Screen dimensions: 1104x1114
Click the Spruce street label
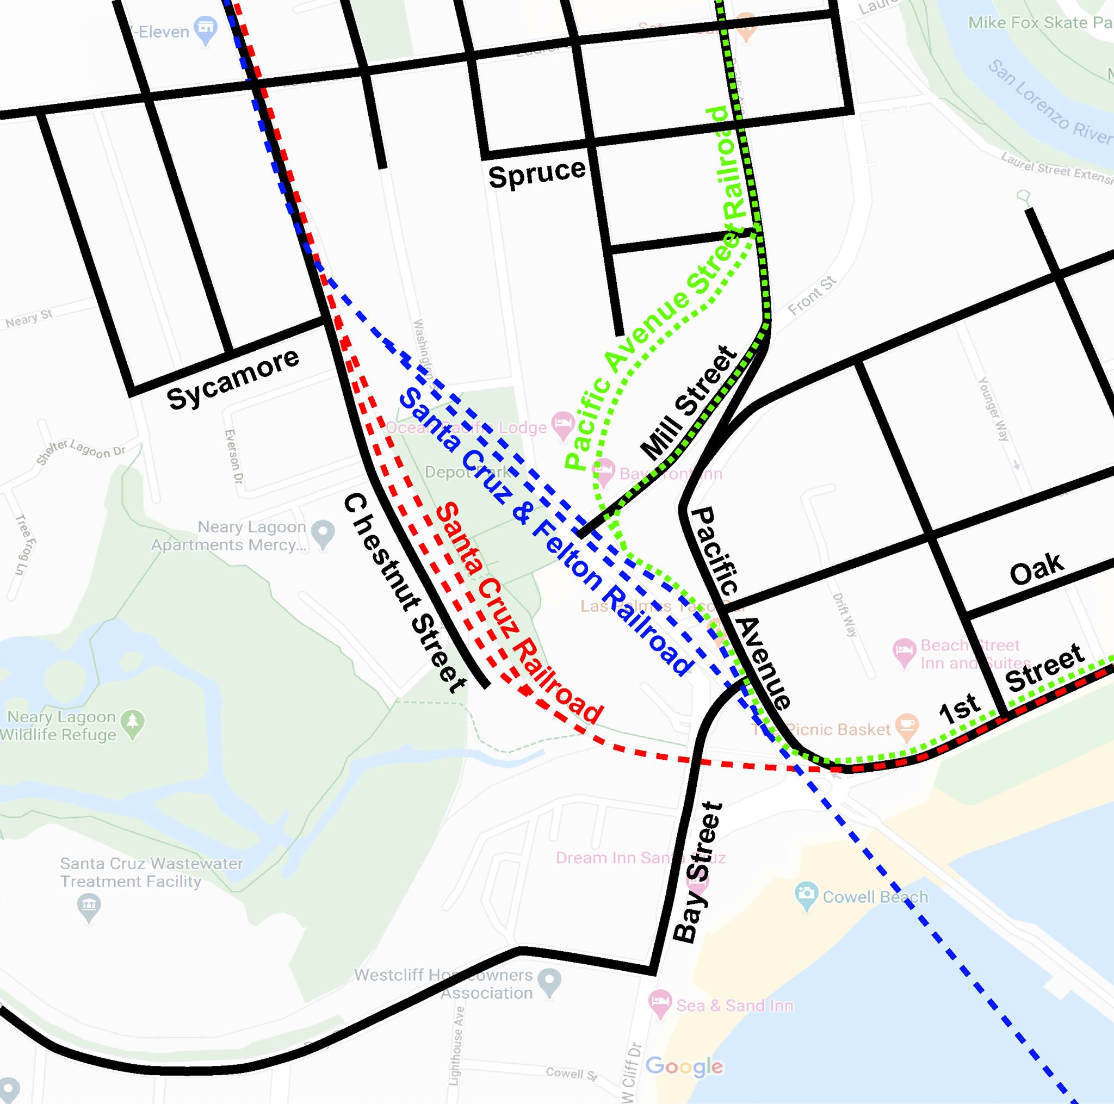click(536, 173)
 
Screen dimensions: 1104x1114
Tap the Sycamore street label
click(233, 380)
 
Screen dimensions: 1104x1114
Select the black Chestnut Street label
click(404, 594)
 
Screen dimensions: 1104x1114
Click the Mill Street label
click(689, 403)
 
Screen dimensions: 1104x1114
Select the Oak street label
click(1036, 568)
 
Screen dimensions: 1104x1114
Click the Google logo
click(684, 1066)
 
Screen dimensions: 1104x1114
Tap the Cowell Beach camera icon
click(806, 896)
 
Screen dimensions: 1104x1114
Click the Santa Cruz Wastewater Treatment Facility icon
click(88, 905)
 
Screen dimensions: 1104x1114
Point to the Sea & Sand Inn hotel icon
click(660, 1005)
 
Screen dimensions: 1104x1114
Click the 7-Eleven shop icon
click(205, 29)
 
